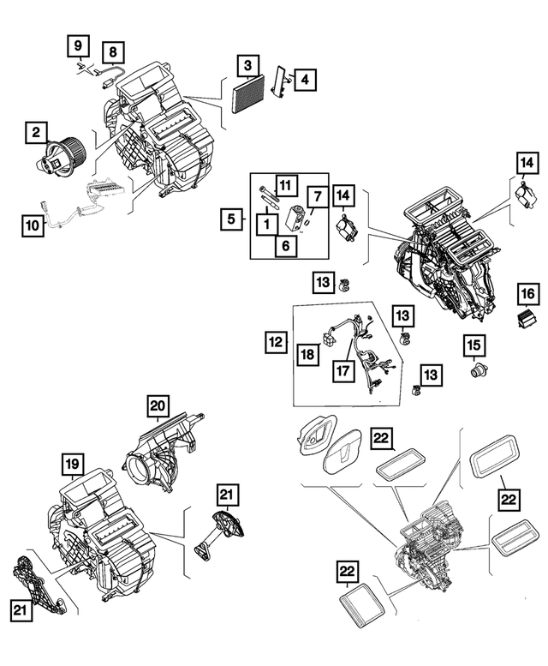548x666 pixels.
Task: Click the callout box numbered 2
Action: pos(36,133)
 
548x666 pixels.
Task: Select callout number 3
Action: pos(247,65)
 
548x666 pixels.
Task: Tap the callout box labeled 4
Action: pos(306,80)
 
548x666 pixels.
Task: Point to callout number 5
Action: pos(230,219)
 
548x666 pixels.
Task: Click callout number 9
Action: pos(78,44)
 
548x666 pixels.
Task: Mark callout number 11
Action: pos(284,184)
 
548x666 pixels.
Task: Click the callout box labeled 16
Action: pos(527,297)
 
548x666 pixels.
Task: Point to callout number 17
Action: pos(342,372)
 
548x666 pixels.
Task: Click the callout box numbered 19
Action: pos(73,465)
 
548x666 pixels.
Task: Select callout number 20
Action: pos(158,406)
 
